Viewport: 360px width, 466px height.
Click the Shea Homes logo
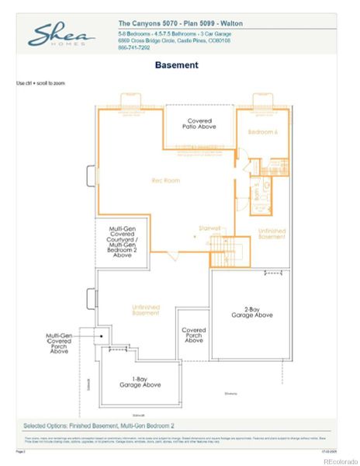62,35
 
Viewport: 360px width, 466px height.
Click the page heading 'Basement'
176,65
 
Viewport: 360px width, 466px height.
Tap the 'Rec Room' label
165,181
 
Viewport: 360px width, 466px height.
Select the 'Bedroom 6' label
262,132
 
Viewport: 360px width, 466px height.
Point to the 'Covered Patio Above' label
199,125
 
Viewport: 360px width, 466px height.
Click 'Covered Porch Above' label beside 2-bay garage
194,335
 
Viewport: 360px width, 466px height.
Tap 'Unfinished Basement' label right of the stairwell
272,233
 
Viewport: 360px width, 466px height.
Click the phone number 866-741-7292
134,48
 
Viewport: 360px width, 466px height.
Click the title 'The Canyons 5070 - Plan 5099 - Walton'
180,23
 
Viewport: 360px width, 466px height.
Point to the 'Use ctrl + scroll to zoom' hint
40,82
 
